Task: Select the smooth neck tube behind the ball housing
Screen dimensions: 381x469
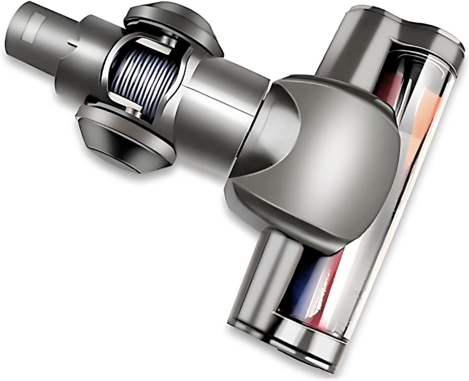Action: click(x=225, y=94)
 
